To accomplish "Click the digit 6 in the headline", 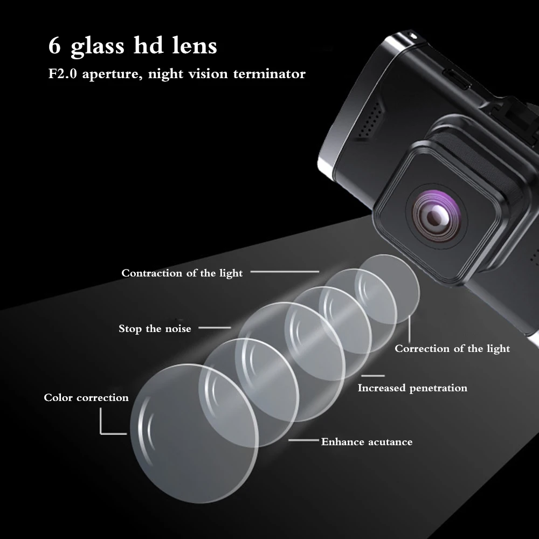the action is click(54, 45).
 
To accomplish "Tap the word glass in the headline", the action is click(97, 46).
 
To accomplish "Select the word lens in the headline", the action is click(195, 45).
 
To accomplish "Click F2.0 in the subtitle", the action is click(63, 73).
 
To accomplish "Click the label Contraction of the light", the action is click(182, 273).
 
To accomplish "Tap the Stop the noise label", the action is click(155, 329).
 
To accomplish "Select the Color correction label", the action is click(86, 398).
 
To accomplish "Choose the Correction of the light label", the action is click(452, 349).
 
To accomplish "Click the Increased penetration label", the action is click(412, 388).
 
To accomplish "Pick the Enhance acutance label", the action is click(367, 442).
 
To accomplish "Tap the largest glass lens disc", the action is click(194, 433).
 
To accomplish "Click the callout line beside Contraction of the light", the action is click(285, 272).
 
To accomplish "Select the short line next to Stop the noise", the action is click(215, 328).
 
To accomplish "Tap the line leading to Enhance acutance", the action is click(303, 440).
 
